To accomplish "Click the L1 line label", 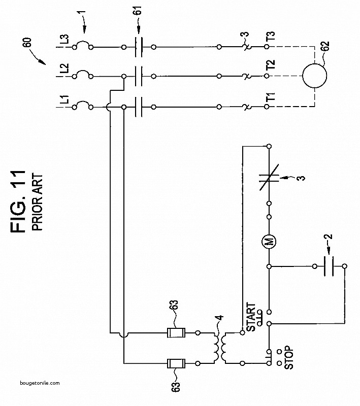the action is (x=66, y=99).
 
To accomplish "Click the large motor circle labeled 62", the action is (x=315, y=76).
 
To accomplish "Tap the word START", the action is (x=251, y=317).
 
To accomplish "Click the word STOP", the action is (x=289, y=357).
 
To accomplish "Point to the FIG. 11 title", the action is (x=18, y=201).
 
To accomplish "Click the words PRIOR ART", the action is (x=37, y=202).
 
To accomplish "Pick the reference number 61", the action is (x=138, y=10).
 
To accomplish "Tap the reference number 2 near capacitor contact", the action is (x=328, y=236).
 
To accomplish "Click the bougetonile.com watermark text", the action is (x=40, y=383).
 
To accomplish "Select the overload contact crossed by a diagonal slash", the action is (x=269, y=177).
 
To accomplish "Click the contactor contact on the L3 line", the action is (x=139, y=47).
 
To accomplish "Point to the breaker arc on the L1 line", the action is (x=82, y=104).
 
